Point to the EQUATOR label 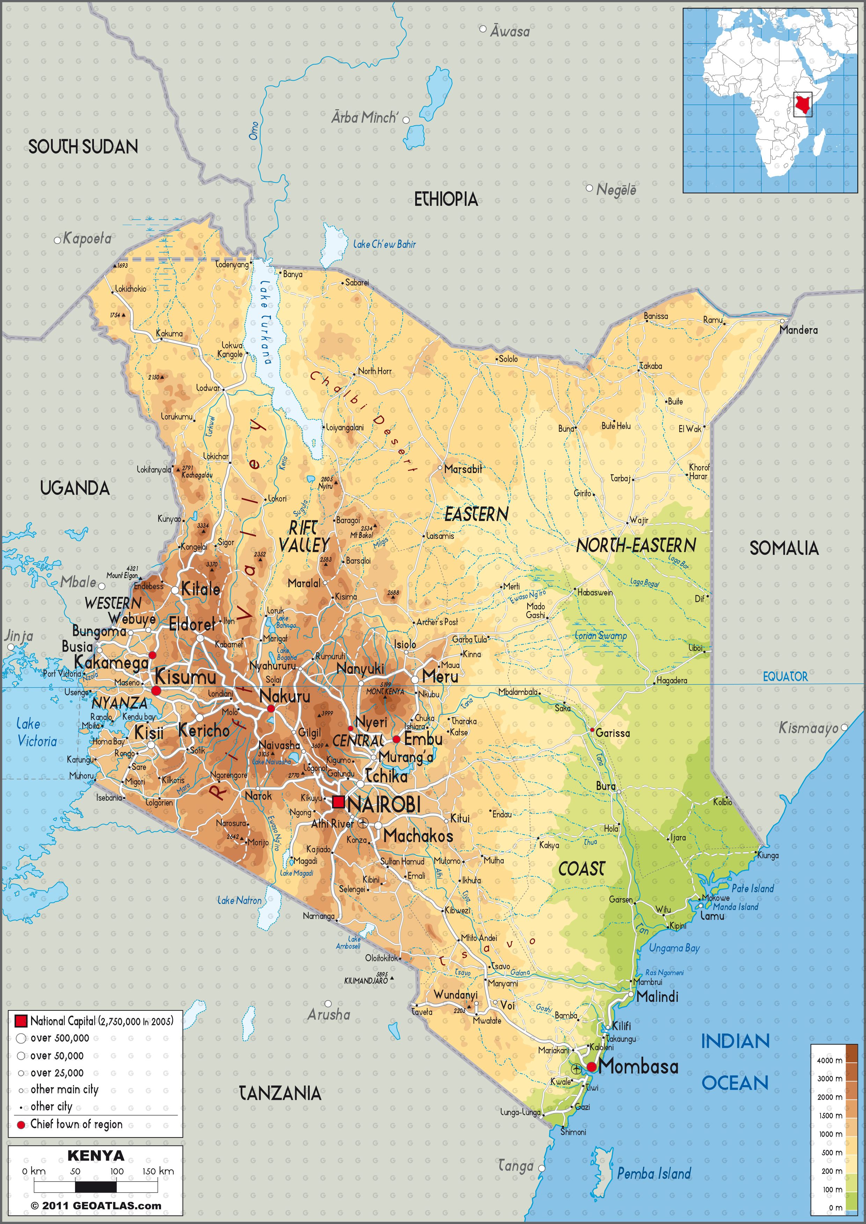[x=785, y=676]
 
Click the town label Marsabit [x=463, y=469]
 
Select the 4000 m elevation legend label [x=829, y=1060]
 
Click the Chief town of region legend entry [x=76, y=1124]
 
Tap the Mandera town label [x=798, y=330]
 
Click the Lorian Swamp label [x=601, y=636]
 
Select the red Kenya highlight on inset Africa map [x=802, y=104]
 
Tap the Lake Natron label [x=240, y=900]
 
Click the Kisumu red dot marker [x=156, y=690]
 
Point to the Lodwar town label [x=208, y=387]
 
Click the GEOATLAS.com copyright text [x=96, y=1206]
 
